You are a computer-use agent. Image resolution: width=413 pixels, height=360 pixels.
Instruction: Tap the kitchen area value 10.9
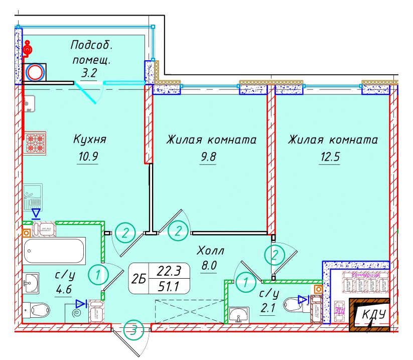point(88,156)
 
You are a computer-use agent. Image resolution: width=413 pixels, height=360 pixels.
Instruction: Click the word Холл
point(211,251)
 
